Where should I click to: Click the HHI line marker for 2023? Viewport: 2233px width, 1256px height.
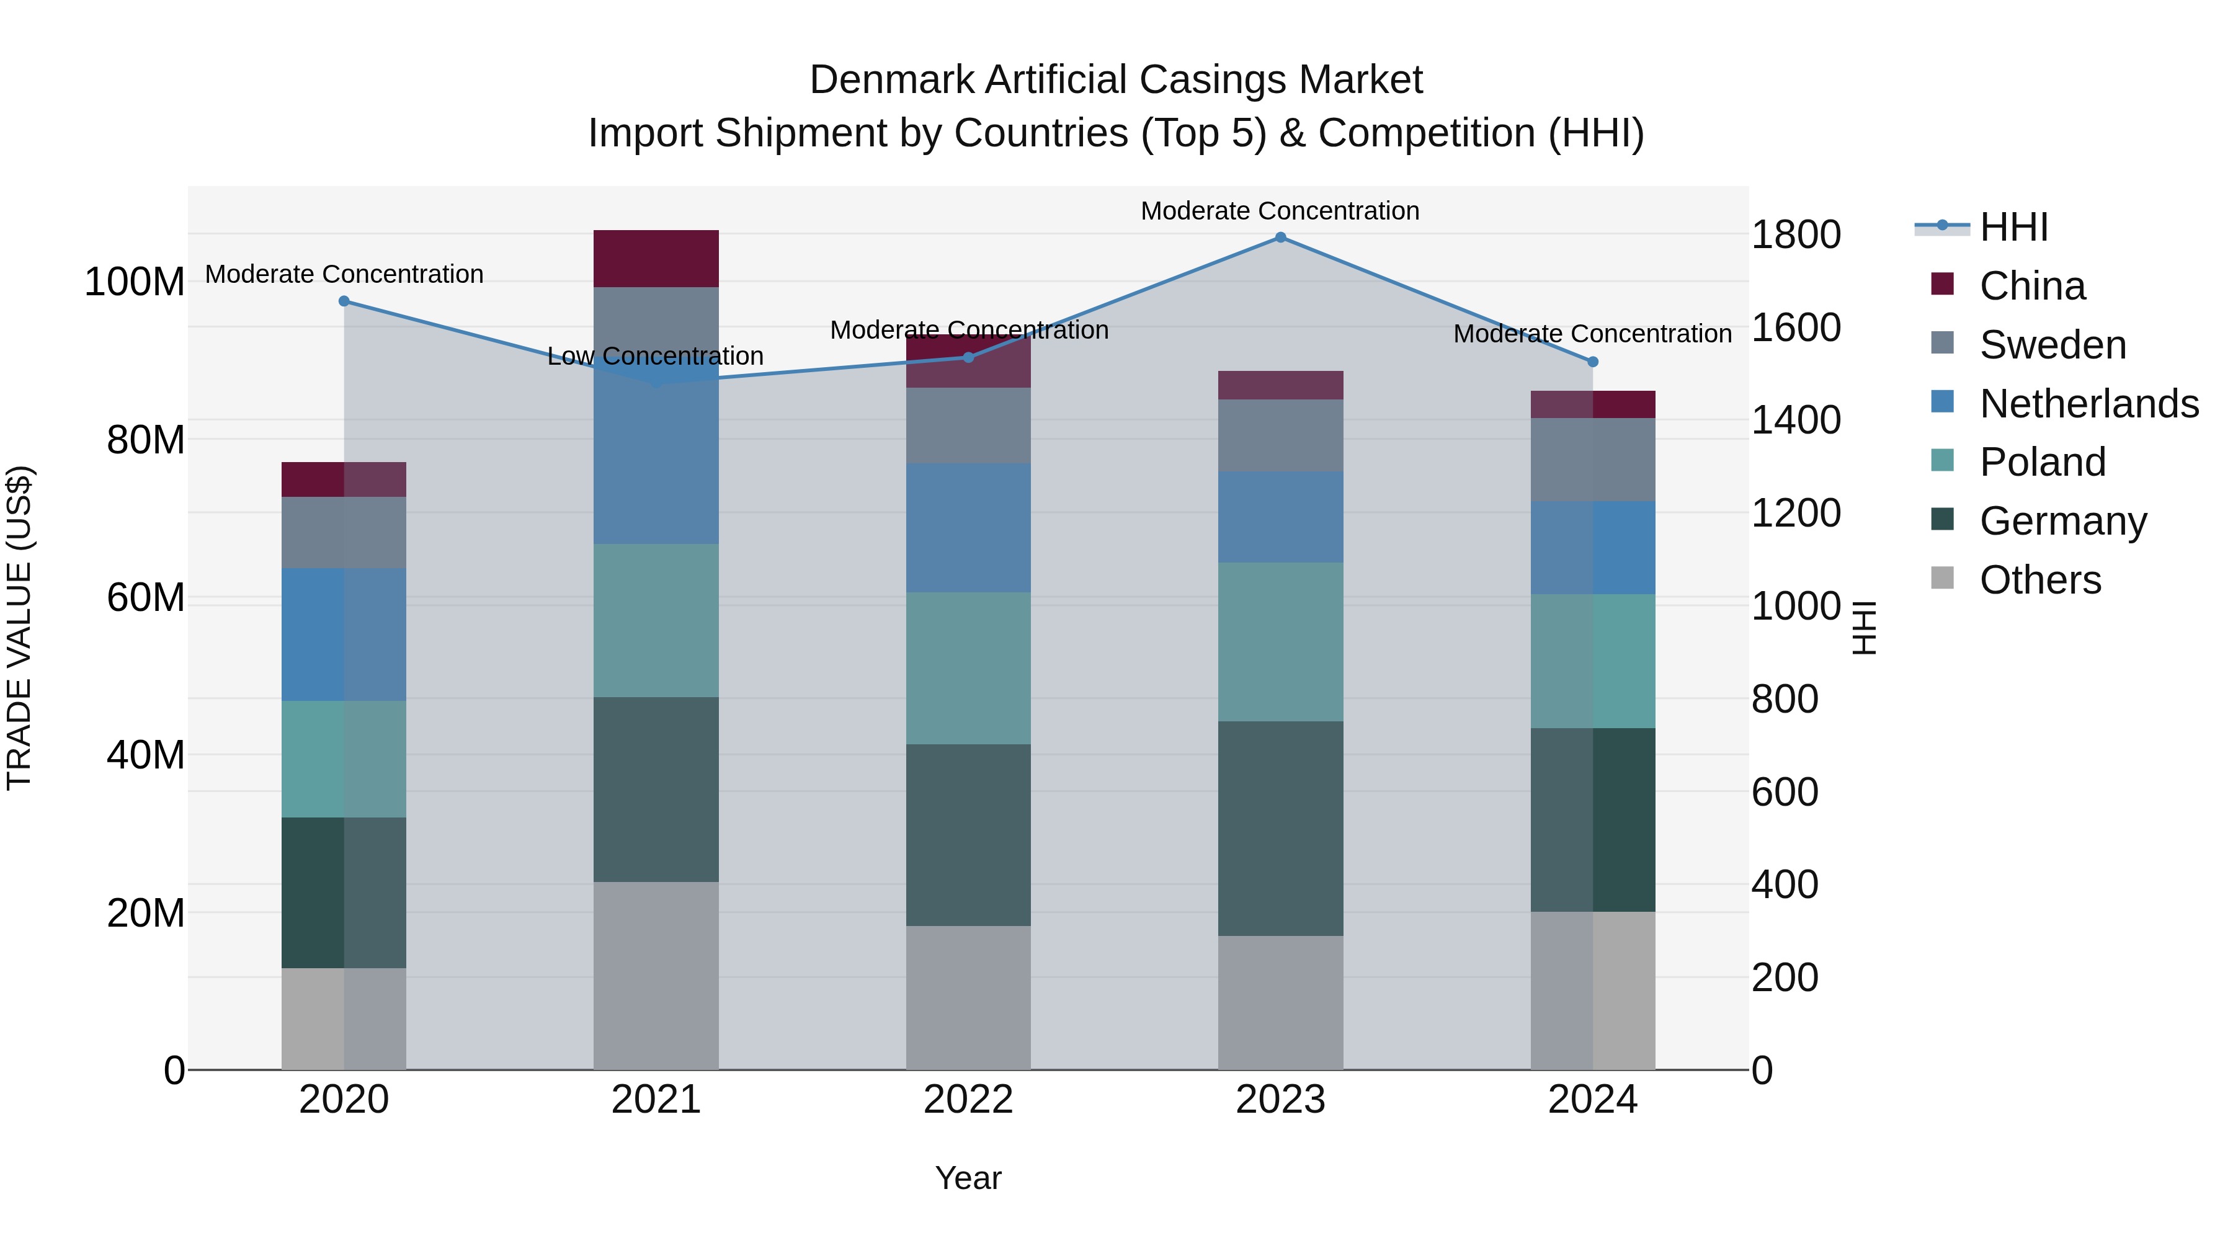[x=1280, y=238]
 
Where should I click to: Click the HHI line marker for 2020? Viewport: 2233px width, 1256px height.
[x=344, y=301]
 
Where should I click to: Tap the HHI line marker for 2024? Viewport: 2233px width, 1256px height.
[x=1592, y=362]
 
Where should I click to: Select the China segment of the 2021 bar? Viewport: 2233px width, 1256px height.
[x=656, y=258]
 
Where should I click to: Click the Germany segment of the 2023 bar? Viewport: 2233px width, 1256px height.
[x=1280, y=828]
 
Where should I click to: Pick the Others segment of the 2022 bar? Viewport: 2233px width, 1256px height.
[x=968, y=997]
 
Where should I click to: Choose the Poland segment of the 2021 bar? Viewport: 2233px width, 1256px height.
[x=656, y=621]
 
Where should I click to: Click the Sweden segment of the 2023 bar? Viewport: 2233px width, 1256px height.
[x=1280, y=435]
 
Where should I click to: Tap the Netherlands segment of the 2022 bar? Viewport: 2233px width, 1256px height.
[x=968, y=528]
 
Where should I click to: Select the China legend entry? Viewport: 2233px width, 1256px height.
[x=2032, y=286]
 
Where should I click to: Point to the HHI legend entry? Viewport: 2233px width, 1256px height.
[x=2013, y=227]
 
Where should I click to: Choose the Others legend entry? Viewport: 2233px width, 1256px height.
[x=2039, y=580]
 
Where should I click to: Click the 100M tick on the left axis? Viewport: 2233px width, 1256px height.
[x=135, y=283]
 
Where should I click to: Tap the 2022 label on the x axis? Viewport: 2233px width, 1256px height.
[x=968, y=1100]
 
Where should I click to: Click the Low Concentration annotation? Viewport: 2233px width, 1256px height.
[x=656, y=356]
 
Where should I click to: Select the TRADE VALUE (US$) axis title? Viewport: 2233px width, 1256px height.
[x=19, y=628]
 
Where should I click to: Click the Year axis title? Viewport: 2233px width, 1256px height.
[x=968, y=1178]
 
